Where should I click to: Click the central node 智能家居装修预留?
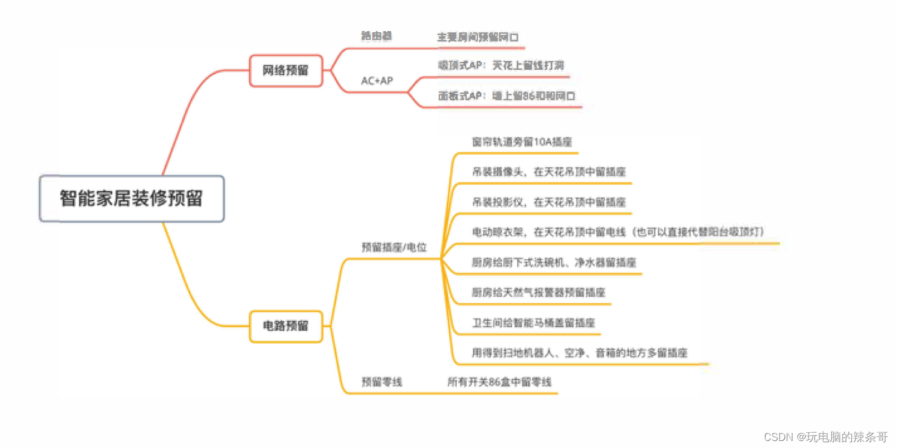pos(131,198)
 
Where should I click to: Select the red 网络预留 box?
pos(286,70)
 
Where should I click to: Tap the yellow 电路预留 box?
pos(286,326)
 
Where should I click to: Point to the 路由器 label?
pos(376,36)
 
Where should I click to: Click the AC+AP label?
pos(377,81)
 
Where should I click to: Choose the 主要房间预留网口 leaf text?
pos(478,37)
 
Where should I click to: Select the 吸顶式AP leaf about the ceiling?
pos(501,65)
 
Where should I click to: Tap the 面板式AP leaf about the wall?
pos(507,96)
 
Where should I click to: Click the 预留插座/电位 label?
pos(394,247)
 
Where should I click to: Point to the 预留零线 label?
pos(382,382)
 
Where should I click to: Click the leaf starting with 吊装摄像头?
pos(548,172)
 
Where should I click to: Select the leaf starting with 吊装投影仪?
pos(548,202)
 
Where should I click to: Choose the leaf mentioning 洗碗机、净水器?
pos(553,262)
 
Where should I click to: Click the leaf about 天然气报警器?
pos(538,292)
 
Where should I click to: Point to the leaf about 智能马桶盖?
pos(534,323)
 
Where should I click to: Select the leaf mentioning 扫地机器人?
pos(579,352)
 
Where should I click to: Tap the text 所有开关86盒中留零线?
pos(499,382)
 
